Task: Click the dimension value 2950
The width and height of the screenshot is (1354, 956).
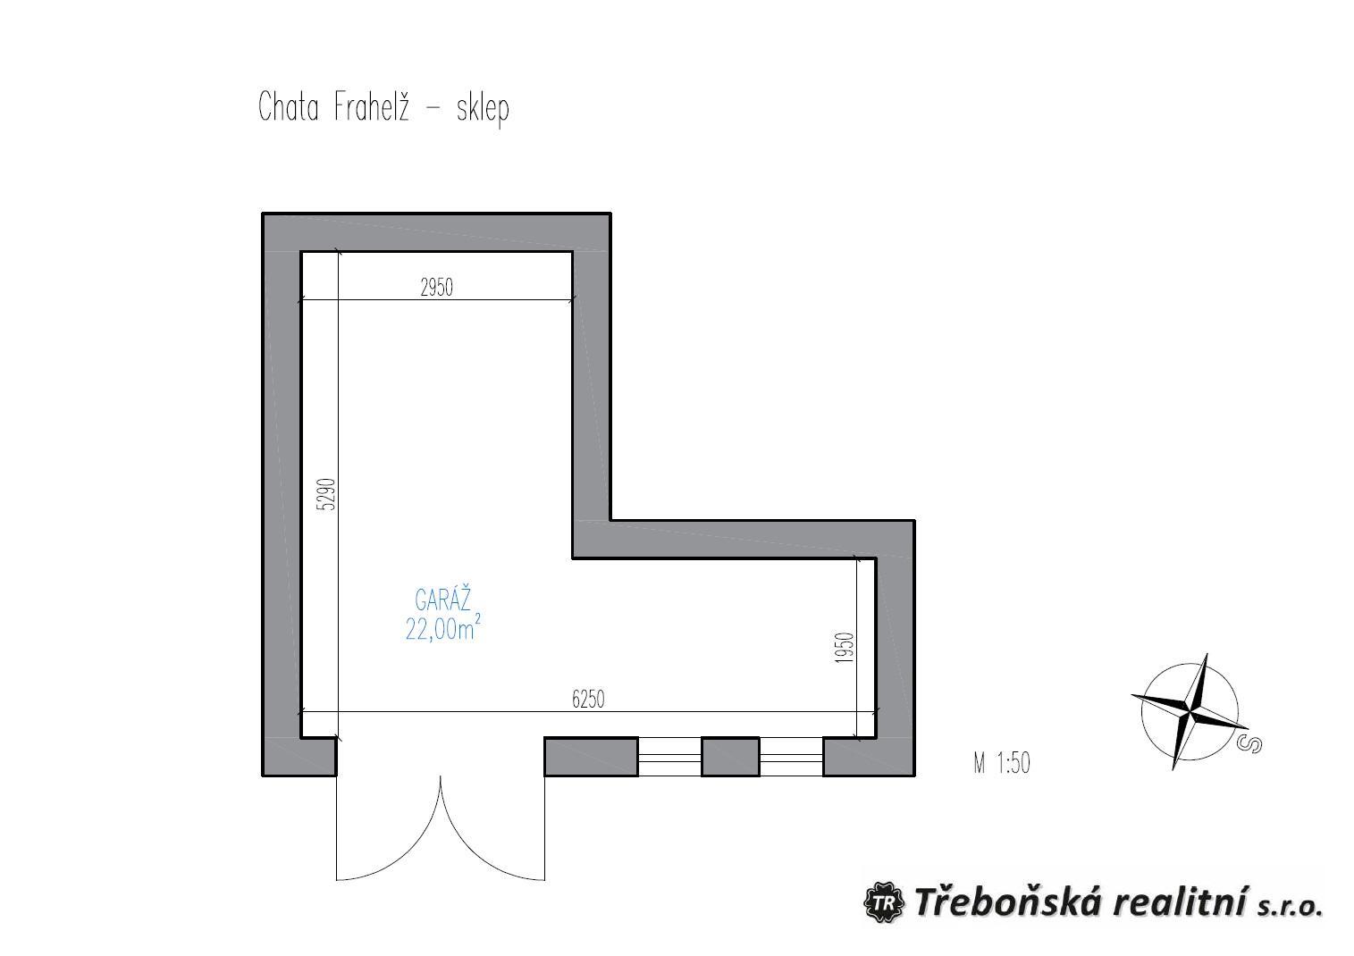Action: click(x=436, y=287)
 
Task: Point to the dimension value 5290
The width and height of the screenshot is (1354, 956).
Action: click(x=326, y=494)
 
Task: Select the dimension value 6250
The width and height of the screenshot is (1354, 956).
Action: click(x=588, y=700)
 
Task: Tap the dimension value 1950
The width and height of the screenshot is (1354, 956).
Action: click(x=846, y=647)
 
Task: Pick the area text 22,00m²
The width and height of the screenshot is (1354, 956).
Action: click(x=443, y=628)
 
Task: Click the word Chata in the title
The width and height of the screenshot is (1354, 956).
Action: click(x=289, y=107)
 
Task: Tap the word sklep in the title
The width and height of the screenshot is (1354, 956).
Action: click(x=483, y=109)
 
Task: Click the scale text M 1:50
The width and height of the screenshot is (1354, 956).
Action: click(x=1002, y=763)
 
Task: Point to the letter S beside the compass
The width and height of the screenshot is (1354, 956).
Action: click(x=1250, y=744)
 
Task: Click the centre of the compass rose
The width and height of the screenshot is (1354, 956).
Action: click(x=1190, y=711)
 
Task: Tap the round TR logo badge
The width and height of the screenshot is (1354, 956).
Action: click(x=884, y=903)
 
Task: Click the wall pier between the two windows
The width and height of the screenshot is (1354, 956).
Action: click(x=730, y=756)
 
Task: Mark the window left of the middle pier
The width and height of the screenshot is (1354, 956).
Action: click(x=669, y=756)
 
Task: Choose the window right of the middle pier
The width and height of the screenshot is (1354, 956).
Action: click(x=791, y=756)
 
